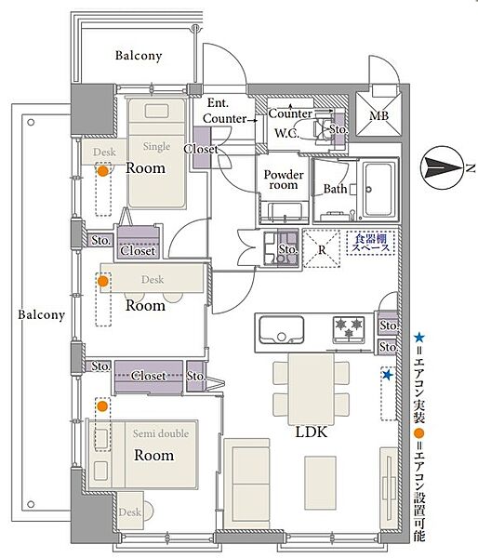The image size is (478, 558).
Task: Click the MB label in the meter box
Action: pyautogui.click(x=378, y=115)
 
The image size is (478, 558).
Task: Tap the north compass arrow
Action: pyautogui.click(x=444, y=167)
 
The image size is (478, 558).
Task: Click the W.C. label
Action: pyautogui.click(x=286, y=133)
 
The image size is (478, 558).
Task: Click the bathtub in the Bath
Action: pyautogui.click(x=379, y=190)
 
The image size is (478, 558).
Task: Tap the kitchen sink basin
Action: pyautogui.click(x=282, y=329)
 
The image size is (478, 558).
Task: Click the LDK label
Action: pyautogui.click(x=312, y=432)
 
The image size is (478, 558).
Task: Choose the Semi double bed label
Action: pyautogui.click(x=161, y=433)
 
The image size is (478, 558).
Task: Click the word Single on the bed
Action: pyautogui.click(x=156, y=146)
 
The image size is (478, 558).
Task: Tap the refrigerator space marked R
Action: pyautogui.click(x=322, y=248)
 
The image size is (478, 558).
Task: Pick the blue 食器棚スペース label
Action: pyautogui.click(x=370, y=243)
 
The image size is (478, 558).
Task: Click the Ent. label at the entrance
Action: pyautogui.click(x=218, y=103)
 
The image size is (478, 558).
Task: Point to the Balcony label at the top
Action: pyautogui.click(x=139, y=56)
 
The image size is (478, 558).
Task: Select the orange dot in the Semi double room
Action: pyautogui.click(x=102, y=406)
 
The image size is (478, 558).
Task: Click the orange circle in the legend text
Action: pyautogui.click(x=419, y=433)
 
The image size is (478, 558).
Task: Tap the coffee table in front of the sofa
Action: pyautogui.click(x=320, y=482)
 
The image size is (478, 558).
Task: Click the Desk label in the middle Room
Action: pyautogui.click(x=153, y=279)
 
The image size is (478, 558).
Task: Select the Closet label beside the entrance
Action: pyautogui.click(x=201, y=149)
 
